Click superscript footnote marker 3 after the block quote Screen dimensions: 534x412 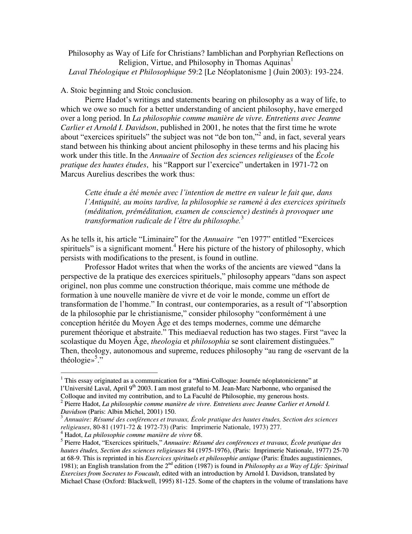tap(242, 218)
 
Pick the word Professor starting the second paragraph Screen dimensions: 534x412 tap(100, 267)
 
